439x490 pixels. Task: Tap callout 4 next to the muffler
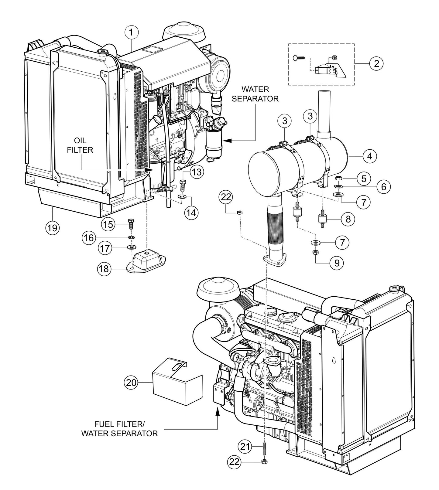tap(369, 156)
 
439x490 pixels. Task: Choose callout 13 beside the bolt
tap(197, 172)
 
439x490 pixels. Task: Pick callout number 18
tap(104, 269)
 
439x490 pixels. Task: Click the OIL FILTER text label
tap(80, 145)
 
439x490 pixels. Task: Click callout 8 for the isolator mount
tap(348, 219)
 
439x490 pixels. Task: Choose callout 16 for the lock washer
tap(88, 238)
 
